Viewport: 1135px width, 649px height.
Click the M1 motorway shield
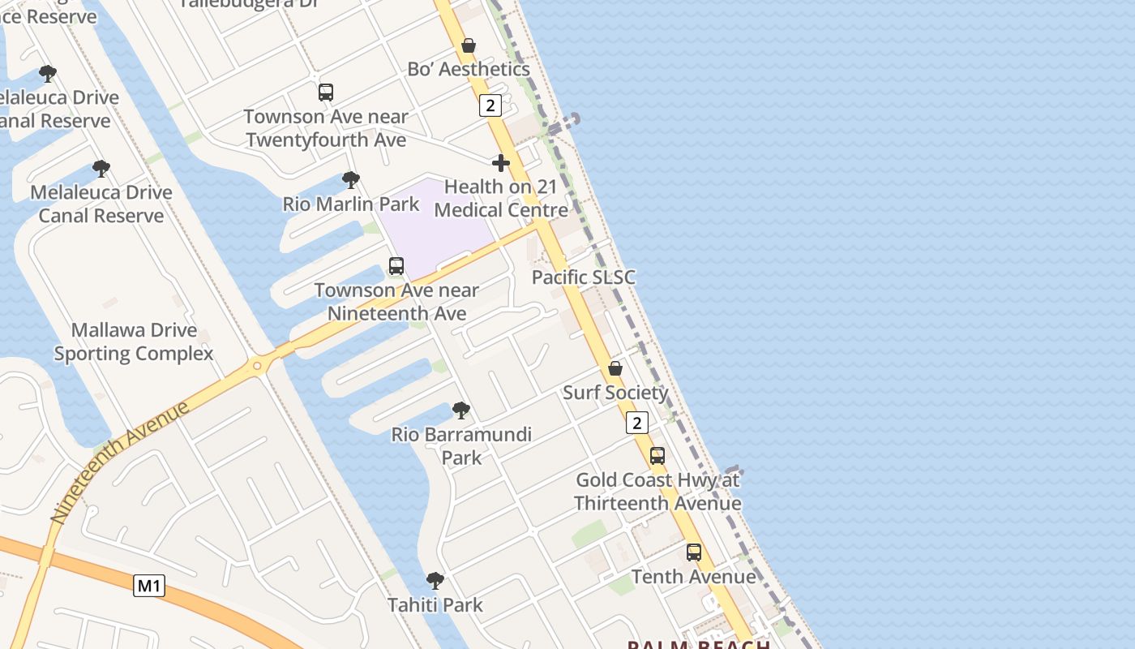[149, 585]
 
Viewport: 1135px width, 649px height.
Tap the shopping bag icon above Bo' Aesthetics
[469, 45]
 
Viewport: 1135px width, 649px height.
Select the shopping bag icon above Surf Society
[615, 368]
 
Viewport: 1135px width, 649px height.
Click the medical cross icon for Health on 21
[501, 163]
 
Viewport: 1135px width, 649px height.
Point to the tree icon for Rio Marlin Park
[351, 179]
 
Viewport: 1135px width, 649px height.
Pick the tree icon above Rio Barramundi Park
[461, 410]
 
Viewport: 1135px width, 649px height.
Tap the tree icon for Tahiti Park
[435, 581]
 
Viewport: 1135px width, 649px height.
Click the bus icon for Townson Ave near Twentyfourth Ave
[326, 92]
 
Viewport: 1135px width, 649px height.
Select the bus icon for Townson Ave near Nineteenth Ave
[396, 266]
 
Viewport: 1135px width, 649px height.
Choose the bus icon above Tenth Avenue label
[694, 552]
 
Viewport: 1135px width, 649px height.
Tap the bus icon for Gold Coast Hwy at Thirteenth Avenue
[657, 456]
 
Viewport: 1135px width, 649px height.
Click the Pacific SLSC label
[584, 277]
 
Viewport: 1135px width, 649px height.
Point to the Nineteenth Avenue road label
[120, 461]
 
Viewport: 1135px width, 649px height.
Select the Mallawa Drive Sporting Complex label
[134, 342]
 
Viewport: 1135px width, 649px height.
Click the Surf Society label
[616, 393]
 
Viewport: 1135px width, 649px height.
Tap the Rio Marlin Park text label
[351, 204]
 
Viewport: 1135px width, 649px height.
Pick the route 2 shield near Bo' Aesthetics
[490, 105]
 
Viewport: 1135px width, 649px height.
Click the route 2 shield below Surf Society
[638, 423]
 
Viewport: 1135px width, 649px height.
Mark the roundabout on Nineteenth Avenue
[258, 366]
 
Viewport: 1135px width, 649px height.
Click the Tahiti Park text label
[435, 605]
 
